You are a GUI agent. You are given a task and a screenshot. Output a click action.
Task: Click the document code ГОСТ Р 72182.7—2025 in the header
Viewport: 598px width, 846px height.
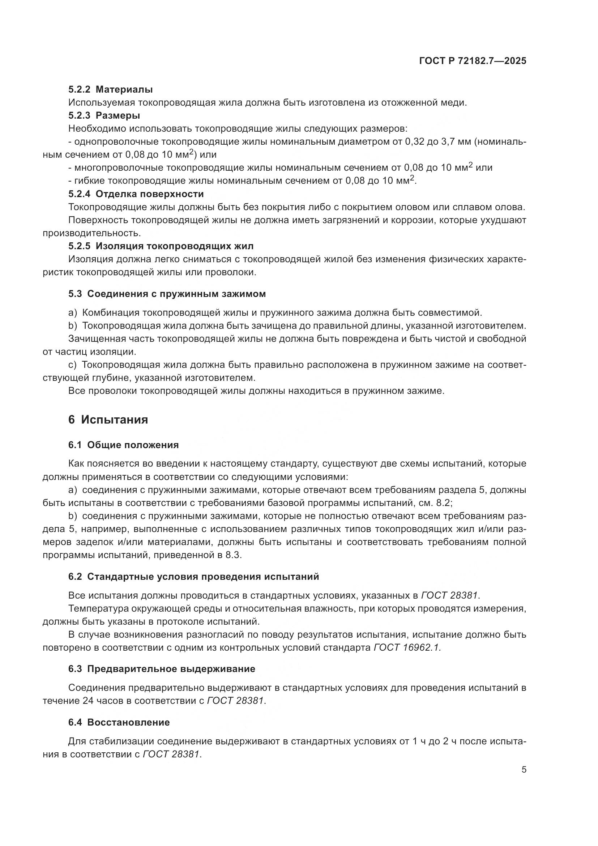tap(473, 61)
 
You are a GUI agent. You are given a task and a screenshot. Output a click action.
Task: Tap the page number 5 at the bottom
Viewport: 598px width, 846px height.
tap(524, 770)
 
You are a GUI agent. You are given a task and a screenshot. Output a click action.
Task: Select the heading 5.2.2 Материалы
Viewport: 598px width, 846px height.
tap(111, 89)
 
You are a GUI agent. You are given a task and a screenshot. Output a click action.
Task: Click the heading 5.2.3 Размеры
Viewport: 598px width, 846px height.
tap(104, 115)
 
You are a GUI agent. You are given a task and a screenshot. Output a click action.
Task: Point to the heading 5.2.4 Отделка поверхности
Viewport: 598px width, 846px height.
tap(136, 194)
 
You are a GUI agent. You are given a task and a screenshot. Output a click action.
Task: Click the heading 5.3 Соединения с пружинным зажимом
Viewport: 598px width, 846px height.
tap(167, 294)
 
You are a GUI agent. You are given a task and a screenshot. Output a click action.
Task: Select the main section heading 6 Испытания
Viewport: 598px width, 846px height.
tap(108, 420)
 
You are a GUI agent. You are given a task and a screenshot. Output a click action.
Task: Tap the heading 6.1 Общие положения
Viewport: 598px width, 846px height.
tap(123, 445)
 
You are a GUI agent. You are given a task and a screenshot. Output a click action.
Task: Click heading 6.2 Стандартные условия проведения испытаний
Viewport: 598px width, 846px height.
tap(193, 577)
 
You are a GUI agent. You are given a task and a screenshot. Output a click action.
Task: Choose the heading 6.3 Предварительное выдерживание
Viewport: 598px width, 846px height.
tap(162, 669)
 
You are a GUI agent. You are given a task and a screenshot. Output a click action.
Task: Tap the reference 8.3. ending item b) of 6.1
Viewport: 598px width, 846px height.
tap(234, 555)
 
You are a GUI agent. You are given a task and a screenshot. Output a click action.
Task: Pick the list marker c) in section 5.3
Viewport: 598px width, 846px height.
tap(72, 365)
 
